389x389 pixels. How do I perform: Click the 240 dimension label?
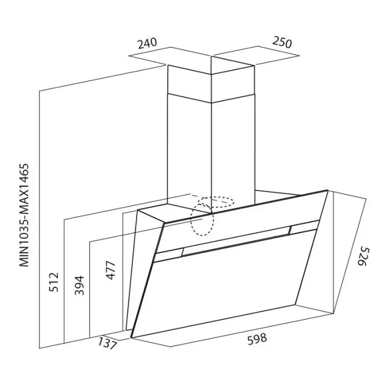pos(147,43)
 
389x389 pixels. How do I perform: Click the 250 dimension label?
pos(282,42)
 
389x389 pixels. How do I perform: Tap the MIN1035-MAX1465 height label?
pos(24,215)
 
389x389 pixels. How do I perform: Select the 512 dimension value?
pos(53,282)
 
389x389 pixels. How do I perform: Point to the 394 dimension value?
pos(79,285)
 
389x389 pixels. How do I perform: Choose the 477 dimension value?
pos(111,271)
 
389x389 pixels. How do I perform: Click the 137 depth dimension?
pos(107,343)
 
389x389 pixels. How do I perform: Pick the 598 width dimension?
pos(257,338)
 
